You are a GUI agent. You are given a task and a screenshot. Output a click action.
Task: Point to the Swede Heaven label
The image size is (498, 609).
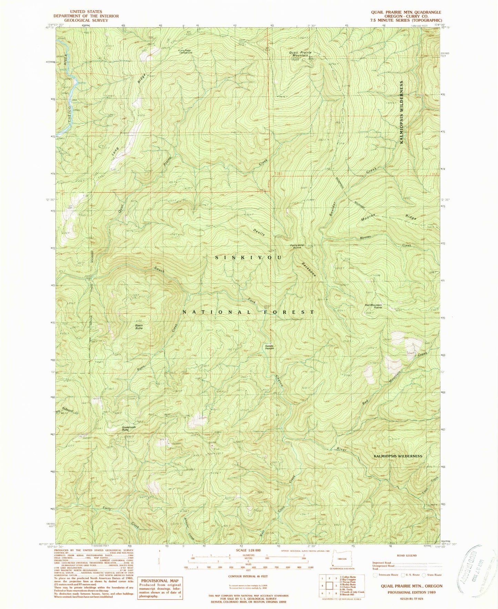[270, 347]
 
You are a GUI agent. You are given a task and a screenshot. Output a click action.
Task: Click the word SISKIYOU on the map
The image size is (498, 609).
[248, 257]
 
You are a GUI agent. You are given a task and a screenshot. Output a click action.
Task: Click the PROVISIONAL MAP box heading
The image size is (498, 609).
[160, 581]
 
